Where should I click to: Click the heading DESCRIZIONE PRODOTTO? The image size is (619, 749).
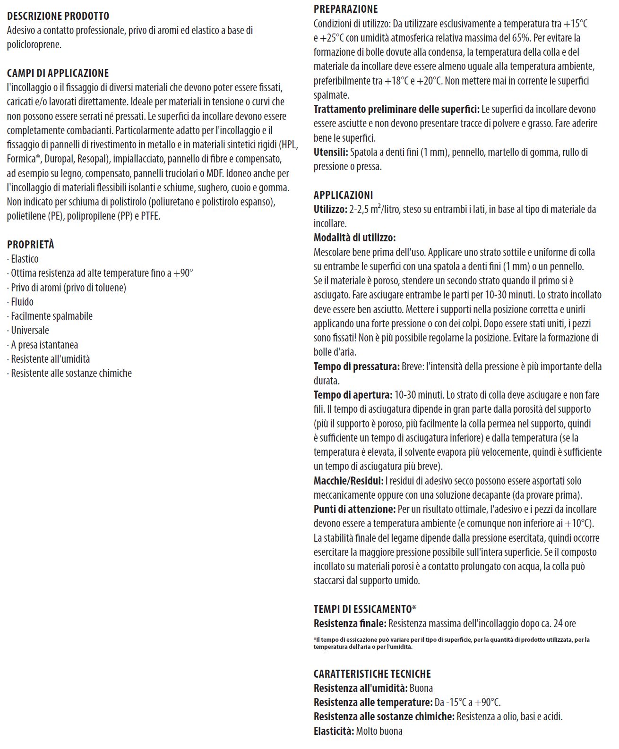click(58, 16)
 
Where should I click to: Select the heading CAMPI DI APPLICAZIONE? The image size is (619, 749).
click(58, 73)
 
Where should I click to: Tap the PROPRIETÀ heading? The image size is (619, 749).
click(31, 245)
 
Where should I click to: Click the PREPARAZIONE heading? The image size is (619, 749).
click(346, 9)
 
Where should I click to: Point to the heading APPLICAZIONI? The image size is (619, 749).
click(343, 195)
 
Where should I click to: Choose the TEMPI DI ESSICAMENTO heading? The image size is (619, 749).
click(365, 609)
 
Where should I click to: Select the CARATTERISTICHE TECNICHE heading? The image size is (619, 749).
click(372, 674)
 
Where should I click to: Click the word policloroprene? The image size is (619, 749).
click(34, 45)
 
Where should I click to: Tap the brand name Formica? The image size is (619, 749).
click(21, 159)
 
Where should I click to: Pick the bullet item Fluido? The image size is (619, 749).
click(22, 302)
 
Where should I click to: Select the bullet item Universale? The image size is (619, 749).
click(30, 330)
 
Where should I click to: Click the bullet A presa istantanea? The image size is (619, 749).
click(44, 345)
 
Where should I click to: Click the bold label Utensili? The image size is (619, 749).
click(331, 152)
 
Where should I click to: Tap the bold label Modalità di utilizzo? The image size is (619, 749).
click(355, 238)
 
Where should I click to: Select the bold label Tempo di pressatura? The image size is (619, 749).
click(357, 366)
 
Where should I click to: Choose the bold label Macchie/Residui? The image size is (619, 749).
click(349, 481)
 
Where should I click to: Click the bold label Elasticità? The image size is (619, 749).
click(334, 731)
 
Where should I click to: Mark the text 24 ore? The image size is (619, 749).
click(564, 623)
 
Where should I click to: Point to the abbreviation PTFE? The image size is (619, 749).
click(151, 216)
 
